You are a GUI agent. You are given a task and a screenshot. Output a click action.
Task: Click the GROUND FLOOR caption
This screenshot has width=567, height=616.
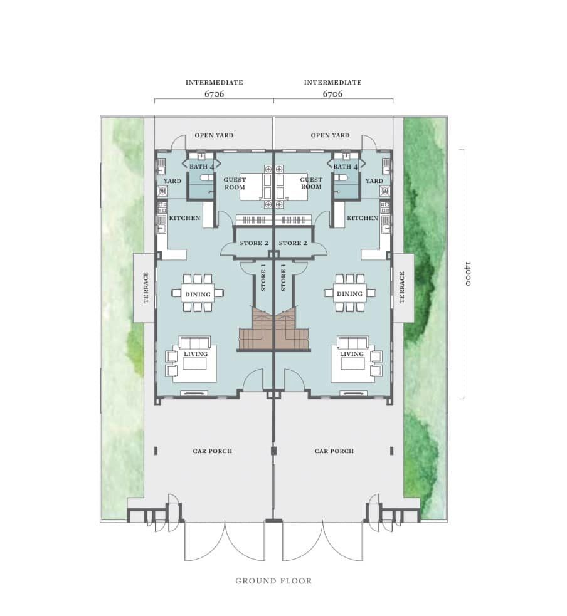click(x=273, y=581)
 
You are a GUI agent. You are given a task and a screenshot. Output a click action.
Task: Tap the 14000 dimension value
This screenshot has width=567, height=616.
click(x=467, y=274)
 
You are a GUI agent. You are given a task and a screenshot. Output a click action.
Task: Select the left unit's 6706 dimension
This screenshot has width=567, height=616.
click(x=215, y=94)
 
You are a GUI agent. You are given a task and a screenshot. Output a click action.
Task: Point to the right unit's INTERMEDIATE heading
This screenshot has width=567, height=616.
click(x=332, y=83)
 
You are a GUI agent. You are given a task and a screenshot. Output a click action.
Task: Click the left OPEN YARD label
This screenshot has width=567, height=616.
click(x=214, y=135)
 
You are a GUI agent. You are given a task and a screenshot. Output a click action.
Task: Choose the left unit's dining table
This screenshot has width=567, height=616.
click(x=198, y=293)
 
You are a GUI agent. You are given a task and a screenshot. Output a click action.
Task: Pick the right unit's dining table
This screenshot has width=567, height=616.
click(x=349, y=293)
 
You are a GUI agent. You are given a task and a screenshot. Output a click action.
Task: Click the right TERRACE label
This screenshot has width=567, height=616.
click(x=402, y=288)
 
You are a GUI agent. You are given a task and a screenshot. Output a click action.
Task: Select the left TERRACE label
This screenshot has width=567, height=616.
click(x=146, y=288)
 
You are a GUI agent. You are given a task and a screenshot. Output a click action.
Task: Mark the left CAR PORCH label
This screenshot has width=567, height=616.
click(x=213, y=451)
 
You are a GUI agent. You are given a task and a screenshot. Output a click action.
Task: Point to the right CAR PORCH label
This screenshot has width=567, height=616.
click(x=334, y=451)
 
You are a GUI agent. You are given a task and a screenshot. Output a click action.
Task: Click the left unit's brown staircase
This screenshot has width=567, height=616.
click(x=255, y=329)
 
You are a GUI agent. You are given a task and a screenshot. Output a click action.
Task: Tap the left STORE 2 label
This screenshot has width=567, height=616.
click(x=254, y=243)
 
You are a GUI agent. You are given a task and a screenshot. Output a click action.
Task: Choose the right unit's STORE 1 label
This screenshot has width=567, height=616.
click(x=283, y=278)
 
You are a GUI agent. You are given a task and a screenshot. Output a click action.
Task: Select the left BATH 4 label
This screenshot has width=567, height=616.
click(x=202, y=167)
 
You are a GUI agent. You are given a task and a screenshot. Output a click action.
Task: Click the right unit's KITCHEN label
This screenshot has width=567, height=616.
click(x=363, y=218)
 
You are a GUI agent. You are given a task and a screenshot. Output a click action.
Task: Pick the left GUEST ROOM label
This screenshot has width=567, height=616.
click(x=235, y=184)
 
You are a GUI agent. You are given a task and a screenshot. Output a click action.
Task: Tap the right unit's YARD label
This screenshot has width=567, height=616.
click(x=374, y=181)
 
